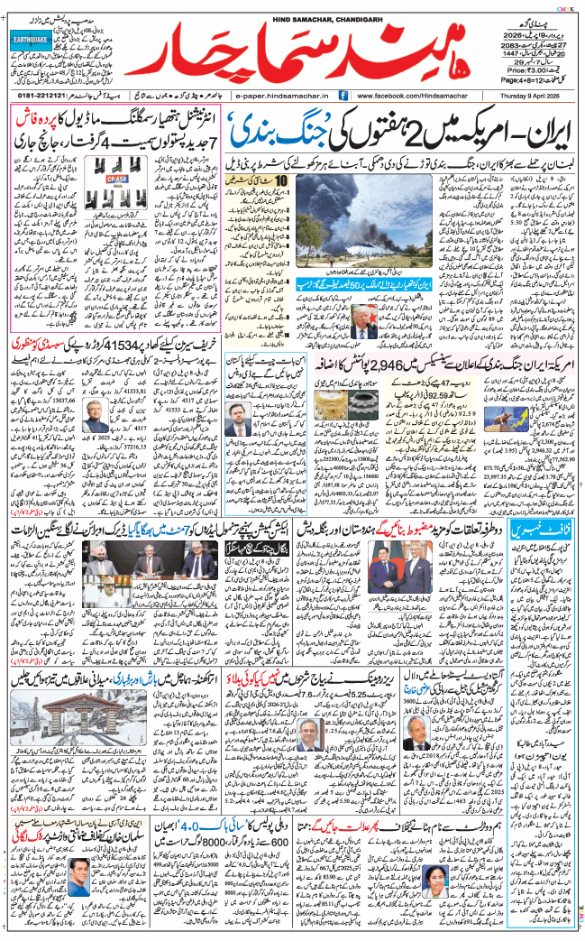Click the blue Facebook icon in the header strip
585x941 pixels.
345,95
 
